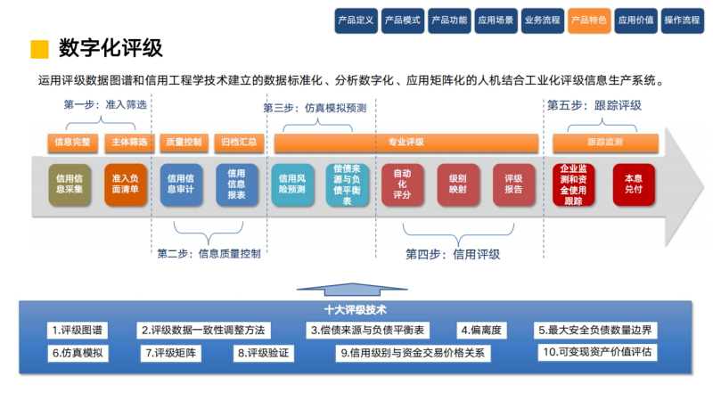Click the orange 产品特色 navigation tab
point(588,20)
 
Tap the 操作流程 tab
point(682,20)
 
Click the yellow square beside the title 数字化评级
point(38,47)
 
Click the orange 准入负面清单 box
point(125,184)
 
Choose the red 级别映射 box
point(458,184)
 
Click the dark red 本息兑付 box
point(633,184)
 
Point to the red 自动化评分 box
point(402,184)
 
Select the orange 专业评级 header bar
point(406,142)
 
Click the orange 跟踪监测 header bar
point(605,142)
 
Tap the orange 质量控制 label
point(184,142)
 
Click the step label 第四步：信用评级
point(453,254)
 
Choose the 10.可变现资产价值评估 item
point(598,352)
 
